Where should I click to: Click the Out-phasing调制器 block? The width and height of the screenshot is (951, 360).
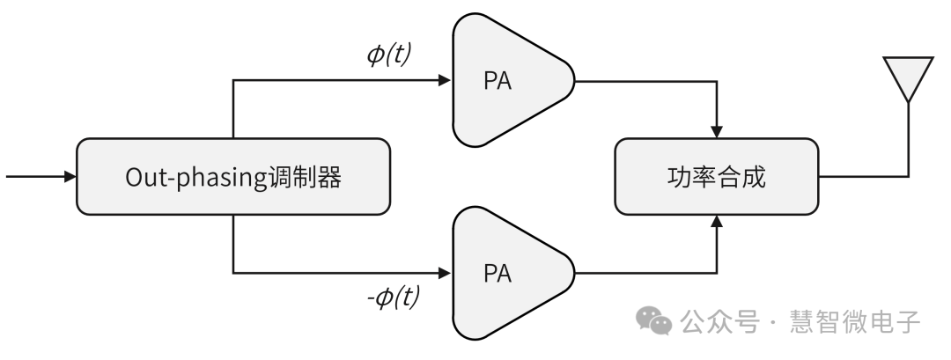[x=232, y=176]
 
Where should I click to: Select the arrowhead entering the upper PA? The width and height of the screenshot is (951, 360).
[x=443, y=81]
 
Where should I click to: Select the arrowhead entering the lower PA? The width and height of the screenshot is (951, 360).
[x=443, y=272]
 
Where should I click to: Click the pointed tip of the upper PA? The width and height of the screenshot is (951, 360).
[x=573, y=81]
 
